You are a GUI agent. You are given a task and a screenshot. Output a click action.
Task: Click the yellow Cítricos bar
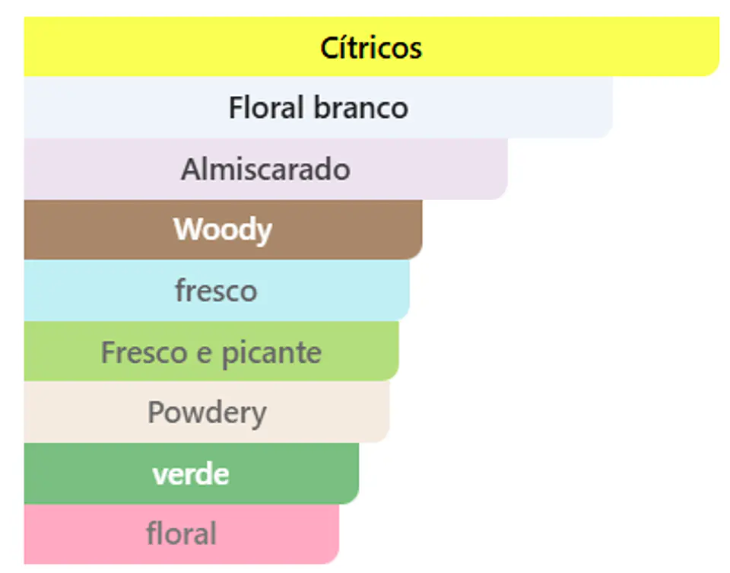372,46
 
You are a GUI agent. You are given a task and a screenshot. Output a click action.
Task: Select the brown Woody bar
223,230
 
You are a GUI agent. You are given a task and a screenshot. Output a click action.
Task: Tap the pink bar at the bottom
182,534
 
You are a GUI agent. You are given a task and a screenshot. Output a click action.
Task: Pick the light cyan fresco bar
217,290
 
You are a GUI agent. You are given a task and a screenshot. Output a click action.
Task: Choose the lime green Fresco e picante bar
211,352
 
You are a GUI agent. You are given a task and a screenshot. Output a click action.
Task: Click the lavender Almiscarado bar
266,169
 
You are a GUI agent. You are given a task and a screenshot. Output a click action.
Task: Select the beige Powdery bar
207,412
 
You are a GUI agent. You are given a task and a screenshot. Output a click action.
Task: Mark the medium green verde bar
192,473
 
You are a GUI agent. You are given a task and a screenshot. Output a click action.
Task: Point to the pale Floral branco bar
319,107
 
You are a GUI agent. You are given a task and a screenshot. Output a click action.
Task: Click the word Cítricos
371,47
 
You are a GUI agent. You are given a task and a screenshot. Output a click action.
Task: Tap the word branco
360,107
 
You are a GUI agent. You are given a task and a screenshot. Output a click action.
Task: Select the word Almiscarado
266,169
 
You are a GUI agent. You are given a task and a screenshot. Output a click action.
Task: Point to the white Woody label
223,230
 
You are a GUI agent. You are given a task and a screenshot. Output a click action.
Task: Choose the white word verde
191,474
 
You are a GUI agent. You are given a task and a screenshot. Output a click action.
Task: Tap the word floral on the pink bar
182,533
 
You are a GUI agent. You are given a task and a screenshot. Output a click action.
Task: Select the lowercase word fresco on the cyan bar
216,290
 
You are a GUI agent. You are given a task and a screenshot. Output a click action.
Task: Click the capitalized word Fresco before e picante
144,352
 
